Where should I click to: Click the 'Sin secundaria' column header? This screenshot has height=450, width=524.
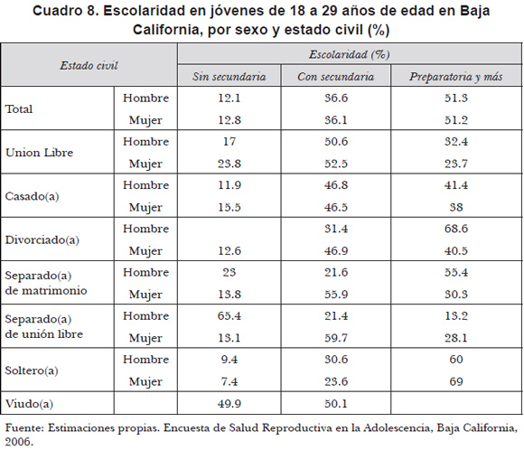pyautogui.click(x=229, y=77)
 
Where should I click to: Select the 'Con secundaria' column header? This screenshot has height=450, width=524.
pyautogui.click(x=335, y=77)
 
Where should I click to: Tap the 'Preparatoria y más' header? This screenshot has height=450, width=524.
pyautogui.click(x=456, y=77)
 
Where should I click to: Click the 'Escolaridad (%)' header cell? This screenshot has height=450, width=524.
pyautogui.click(x=350, y=54)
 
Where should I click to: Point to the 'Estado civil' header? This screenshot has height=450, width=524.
pyautogui.click(x=89, y=66)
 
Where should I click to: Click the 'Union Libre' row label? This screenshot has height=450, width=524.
pyautogui.click(x=40, y=153)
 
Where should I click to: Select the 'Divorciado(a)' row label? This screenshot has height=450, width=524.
pyautogui.click(x=42, y=239)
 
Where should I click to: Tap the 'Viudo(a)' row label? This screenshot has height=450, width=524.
pyautogui.click(x=30, y=404)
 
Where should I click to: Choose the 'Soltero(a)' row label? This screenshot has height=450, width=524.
pyautogui.click(x=32, y=370)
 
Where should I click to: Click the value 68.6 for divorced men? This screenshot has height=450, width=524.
pyautogui.click(x=456, y=229)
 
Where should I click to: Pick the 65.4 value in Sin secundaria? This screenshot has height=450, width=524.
pyautogui.click(x=229, y=316)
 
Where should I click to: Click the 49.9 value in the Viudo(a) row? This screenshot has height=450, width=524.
pyautogui.click(x=229, y=404)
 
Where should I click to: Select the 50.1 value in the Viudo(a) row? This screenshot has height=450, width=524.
pyautogui.click(x=336, y=404)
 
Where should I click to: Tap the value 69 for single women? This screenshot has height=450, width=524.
pyautogui.click(x=456, y=381)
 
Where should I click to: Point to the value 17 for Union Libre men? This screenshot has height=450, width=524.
pyautogui.click(x=229, y=142)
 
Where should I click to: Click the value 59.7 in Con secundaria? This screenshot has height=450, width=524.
pyautogui.click(x=336, y=338)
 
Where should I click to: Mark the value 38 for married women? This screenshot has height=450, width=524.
pyautogui.click(x=456, y=207)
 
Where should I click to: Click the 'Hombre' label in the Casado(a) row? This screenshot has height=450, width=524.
pyautogui.click(x=146, y=185)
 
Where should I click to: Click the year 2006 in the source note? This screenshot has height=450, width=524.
pyautogui.click(x=19, y=442)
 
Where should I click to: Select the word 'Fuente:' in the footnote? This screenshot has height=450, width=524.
pyautogui.click(x=24, y=428)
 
